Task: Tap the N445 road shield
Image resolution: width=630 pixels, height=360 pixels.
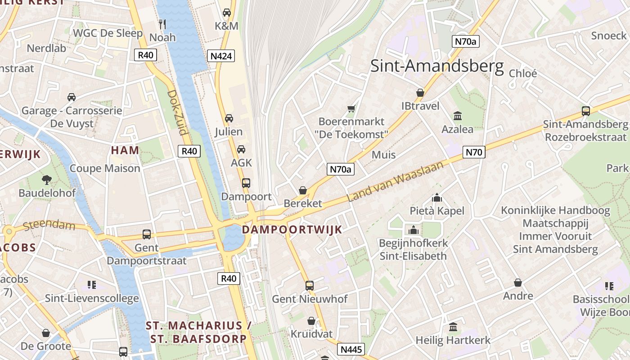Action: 351,350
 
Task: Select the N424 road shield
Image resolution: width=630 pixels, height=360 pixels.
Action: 221,56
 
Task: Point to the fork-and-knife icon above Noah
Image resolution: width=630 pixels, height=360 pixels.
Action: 162,23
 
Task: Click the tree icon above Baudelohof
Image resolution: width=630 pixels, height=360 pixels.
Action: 46,180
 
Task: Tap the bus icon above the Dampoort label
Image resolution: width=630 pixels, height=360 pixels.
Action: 246,183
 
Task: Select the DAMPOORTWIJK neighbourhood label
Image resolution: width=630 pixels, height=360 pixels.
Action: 292,229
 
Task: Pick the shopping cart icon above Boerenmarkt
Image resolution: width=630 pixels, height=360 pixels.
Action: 351,108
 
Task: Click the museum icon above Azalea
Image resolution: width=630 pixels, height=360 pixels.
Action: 458,116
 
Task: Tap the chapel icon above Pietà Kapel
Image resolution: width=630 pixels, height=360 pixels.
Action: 436,198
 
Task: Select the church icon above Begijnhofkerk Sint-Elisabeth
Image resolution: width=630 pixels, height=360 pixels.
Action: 413,230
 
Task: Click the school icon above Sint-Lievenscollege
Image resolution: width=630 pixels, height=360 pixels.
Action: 92,284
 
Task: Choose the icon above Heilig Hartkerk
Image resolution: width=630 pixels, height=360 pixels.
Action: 453,327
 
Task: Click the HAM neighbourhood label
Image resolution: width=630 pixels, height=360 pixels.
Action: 125,150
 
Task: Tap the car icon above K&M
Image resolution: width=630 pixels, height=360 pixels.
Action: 227,13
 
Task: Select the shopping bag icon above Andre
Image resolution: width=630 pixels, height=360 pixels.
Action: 518,283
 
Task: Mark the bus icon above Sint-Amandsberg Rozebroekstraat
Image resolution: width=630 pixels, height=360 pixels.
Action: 585,111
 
